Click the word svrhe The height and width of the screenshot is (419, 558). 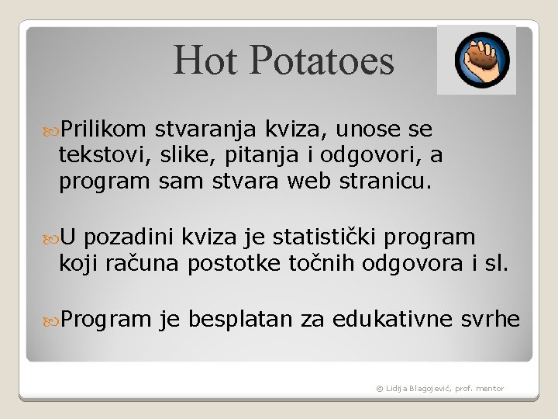[491, 319]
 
